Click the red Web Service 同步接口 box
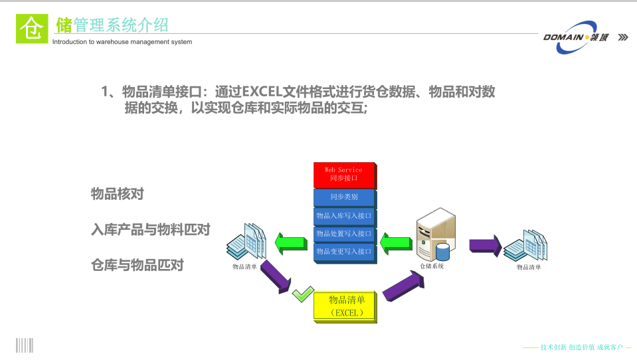pos(345,175)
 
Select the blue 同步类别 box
pos(344,197)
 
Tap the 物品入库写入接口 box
pos(344,216)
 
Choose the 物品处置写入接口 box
pos(344,234)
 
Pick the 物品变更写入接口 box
pos(344,252)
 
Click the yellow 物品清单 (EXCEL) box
pos(346,306)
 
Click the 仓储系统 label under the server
pos(432,266)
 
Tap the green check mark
pos(303,292)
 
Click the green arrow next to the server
pos(398,242)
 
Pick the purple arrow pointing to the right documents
pos(485,244)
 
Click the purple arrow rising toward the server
pos(404,286)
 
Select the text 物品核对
pos(118,194)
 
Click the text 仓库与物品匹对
pos(137,265)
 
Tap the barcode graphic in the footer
pos(25,345)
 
